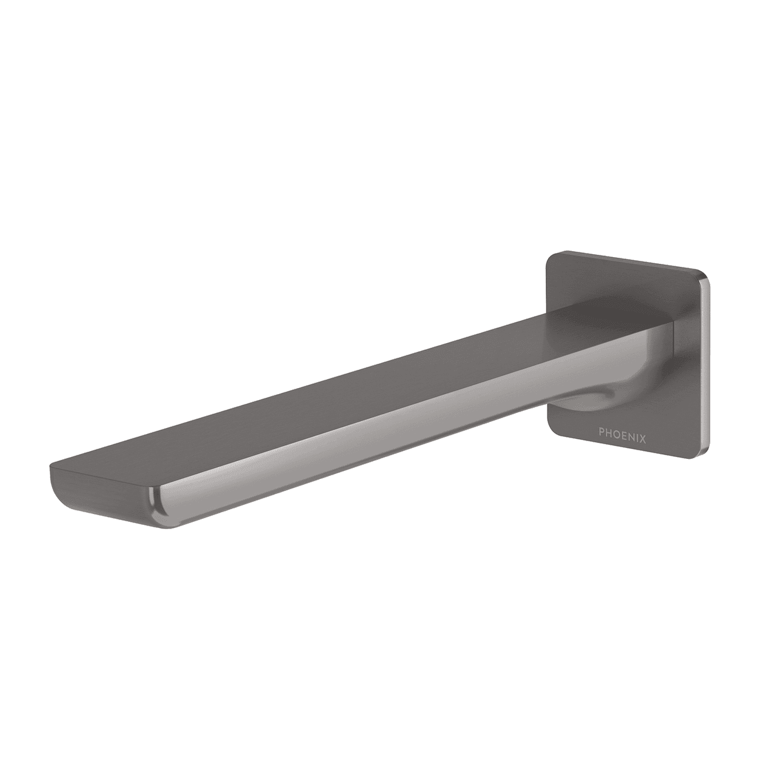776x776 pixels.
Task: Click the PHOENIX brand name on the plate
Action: (622, 433)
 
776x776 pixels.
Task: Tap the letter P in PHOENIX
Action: (601, 433)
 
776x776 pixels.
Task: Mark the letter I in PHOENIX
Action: (636, 433)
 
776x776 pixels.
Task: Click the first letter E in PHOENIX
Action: (623, 433)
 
